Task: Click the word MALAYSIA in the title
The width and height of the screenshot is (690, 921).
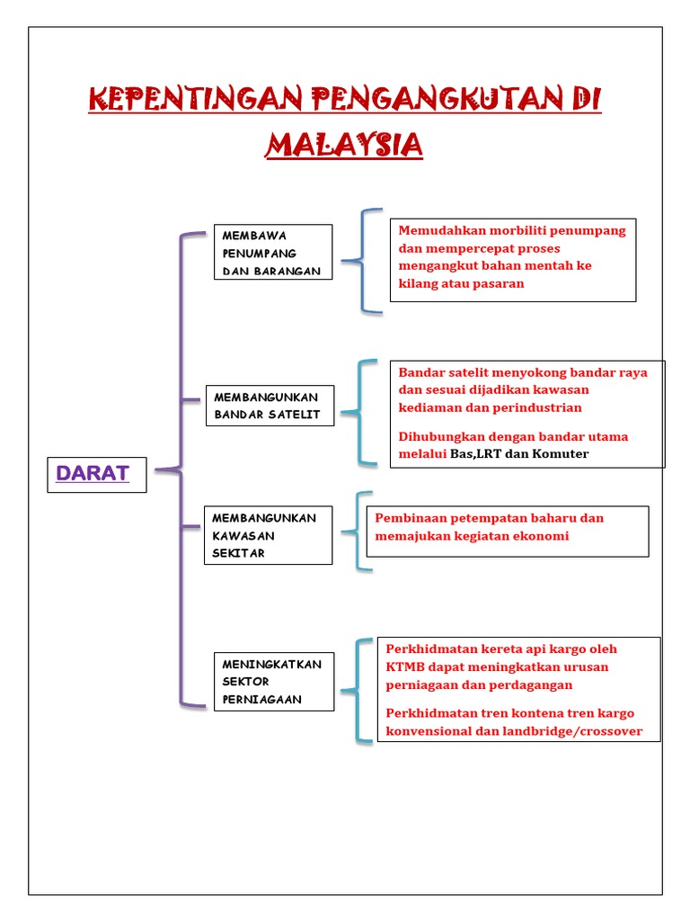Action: (x=344, y=144)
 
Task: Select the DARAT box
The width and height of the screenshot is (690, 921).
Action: (x=93, y=473)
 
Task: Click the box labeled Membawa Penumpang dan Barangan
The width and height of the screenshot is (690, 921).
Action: (x=273, y=253)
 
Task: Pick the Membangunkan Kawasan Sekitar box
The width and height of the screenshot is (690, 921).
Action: (x=269, y=535)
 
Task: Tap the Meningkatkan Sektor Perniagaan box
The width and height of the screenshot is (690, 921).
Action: (x=273, y=681)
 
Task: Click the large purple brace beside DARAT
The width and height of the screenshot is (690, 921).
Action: (x=182, y=468)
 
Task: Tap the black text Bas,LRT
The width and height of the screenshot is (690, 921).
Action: (x=475, y=454)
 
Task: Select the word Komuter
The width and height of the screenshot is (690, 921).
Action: (x=561, y=454)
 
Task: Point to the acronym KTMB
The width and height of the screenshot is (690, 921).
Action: (x=403, y=666)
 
